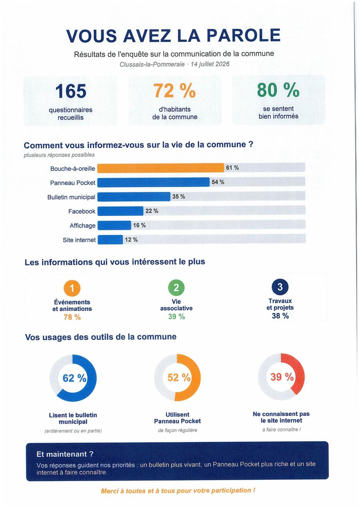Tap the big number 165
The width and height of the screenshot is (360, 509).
click(71, 91)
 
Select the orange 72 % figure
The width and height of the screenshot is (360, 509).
click(174, 90)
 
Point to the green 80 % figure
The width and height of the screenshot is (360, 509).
click(278, 90)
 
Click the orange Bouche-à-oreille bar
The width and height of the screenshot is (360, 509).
click(161, 168)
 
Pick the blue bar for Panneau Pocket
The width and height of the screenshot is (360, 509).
click(154, 182)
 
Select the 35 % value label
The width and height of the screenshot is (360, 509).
click(179, 197)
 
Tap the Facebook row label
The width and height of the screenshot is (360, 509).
click(82, 212)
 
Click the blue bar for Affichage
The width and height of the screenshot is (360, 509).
click(114, 225)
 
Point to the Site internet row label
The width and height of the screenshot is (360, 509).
click(79, 240)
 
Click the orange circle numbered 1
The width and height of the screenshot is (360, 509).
click(72, 288)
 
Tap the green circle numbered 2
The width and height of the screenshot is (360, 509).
click(176, 287)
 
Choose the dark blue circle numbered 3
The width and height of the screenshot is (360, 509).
click(280, 287)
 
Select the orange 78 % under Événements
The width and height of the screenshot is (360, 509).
click(72, 317)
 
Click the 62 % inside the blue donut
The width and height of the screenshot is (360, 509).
click(74, 378)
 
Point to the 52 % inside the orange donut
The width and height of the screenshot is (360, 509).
click(179, 378)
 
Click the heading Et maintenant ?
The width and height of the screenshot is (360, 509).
click(65, 454)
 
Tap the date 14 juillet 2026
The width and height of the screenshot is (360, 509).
click(210, 64)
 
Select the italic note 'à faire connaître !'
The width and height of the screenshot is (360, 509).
click(281, 430)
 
